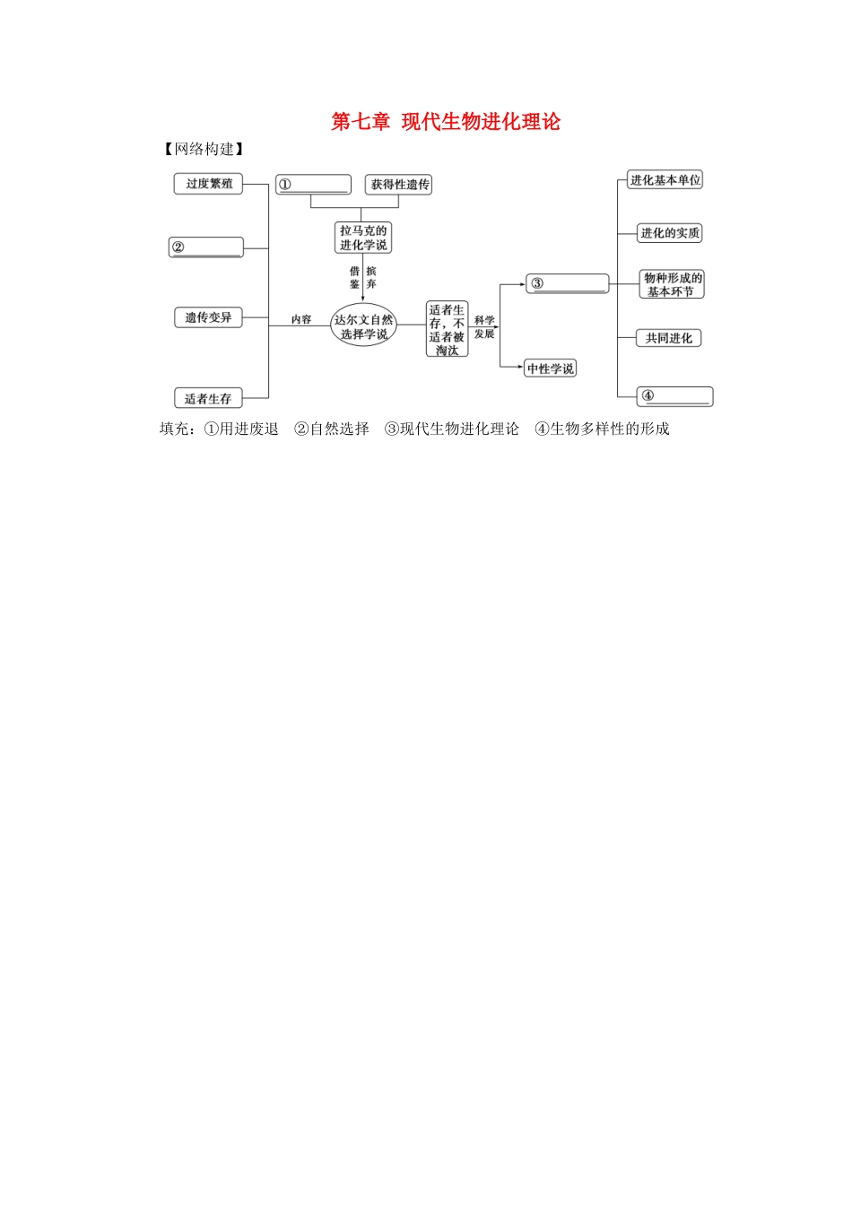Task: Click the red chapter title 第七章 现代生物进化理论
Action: pos(446,122)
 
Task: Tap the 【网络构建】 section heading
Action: pos(204,149)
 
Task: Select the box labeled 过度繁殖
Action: pos(208,184)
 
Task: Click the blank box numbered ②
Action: pos(206,247)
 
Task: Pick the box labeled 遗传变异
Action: pos(208,317)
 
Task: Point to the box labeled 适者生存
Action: pos(208,398)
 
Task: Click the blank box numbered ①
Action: pos(313,185)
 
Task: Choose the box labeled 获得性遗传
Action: pos(400,185)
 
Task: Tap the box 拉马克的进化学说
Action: pos(363,238)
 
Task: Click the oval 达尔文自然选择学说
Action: pos(363,326)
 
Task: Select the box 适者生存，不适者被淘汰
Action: pos(447,330)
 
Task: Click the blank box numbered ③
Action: pos(568,284)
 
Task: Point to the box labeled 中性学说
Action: pos(551,368)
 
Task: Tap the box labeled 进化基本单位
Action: pos(665,180)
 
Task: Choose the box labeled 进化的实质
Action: pos(670,233)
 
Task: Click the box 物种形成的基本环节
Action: pos(672,284)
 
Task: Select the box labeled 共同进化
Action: pos(669,338)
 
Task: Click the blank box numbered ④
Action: pos(674,396)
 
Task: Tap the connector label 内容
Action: pos(301,319)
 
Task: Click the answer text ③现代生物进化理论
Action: pos(452,429)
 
